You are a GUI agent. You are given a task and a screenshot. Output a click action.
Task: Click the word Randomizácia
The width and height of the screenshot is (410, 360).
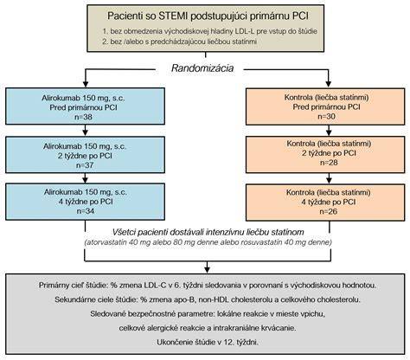pyautogui.click(x=202, y=68)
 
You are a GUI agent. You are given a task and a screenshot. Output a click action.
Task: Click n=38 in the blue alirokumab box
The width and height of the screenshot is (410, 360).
pyautogui.click(x=85, y=117)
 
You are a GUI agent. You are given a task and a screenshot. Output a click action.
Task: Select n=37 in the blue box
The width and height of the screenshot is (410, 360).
pyautogui.click(x=85, y=165)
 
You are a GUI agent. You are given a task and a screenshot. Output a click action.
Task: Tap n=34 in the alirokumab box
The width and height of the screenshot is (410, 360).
pyautogui.click(x=86, y=211)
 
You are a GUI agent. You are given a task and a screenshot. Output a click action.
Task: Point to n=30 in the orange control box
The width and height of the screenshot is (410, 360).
pyautogui.click(x=326, y=116)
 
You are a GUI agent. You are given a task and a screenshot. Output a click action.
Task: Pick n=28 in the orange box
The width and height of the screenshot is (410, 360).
pyautogui.click(x=329, y=163)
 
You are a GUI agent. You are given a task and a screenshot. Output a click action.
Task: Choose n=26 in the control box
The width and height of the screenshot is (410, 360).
pyautogui.click(x=329, y=211)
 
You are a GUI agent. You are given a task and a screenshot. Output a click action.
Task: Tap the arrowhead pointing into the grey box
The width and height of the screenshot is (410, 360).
pyautogui.click(x=207, y=270)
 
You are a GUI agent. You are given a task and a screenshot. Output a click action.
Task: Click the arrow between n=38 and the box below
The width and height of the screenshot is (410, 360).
pyautogui.click(x=85, y=130)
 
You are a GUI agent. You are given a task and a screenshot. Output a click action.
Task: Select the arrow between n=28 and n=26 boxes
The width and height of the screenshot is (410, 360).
pyautogui.click(x=329, y=178)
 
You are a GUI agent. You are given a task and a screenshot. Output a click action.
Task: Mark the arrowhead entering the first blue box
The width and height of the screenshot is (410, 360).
pyautogui.click(x=86, y=84)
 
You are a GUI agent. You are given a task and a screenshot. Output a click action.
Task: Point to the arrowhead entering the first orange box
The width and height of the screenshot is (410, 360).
pyautogui.click(x=329, y=84)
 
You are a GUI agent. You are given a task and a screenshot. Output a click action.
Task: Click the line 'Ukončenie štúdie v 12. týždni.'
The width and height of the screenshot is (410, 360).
pyautogui.click(x=208, y=343)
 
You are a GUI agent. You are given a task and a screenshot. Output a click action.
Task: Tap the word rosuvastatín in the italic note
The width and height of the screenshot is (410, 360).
pyautogui.click(x=260, y=242)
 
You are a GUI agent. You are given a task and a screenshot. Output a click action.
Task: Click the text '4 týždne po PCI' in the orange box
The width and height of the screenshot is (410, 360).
pyautogui.click(x=329, y=202)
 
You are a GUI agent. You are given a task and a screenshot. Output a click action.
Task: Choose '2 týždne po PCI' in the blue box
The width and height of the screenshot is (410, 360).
pyautogui.click(x=85, y=156)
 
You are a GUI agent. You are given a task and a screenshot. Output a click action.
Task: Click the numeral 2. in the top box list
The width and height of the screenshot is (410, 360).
pyautogui.click(x=105, y=42)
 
